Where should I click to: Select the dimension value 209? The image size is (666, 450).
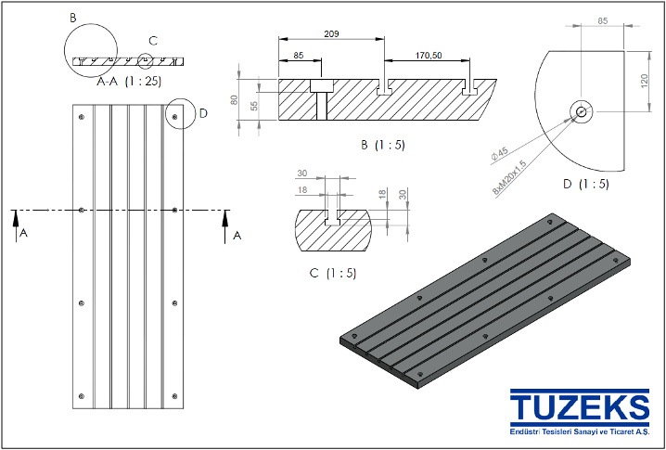[x=331, y=34]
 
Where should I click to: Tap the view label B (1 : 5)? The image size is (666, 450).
[x=382, y=145]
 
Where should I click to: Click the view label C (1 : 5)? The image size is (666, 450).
[x=331, y=273]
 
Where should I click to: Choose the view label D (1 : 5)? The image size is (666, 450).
[x=585, y=184]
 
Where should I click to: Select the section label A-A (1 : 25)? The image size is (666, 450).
[x=129, y=82]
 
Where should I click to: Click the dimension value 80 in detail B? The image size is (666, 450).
[x=235, y=99]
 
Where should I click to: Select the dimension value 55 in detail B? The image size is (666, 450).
[x=256, y=107]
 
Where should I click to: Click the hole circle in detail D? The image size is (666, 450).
[x=581, y=111]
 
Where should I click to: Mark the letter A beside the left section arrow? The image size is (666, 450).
[x=23, y=235]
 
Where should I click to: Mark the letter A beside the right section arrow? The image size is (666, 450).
[x=237, y=236]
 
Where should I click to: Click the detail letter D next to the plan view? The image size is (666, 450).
[x=203, y=115]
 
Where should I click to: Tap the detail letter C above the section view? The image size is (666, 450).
[x=153, y=41]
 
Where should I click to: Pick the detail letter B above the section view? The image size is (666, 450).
[x=74, y=18]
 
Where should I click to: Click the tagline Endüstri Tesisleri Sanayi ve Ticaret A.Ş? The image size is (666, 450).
[x=579, y=433]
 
